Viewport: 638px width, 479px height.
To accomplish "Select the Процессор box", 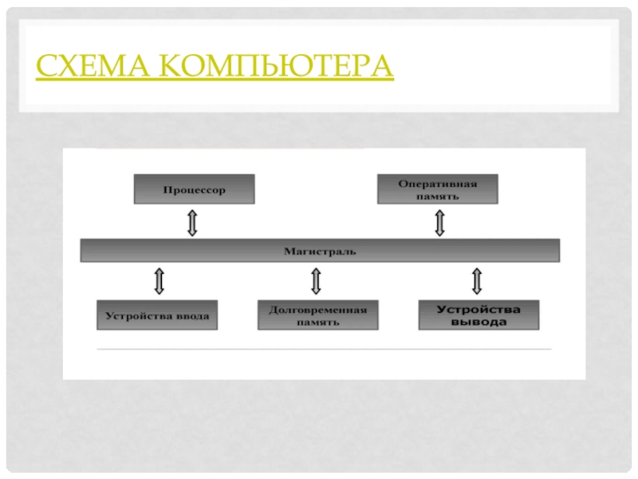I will click(x=194, y=190).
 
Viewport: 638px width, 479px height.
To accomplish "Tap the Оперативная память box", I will click(x=437, y=190).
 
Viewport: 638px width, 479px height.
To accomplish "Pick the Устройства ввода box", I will click(x=158, y=315).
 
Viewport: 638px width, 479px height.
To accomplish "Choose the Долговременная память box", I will click(x=317, y=315).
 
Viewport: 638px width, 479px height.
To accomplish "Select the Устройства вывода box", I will click(x=478, y=315).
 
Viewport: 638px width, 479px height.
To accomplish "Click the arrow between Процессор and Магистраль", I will click(x=192, y=222).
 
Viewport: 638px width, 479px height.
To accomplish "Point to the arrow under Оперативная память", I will click(x=439, y=222).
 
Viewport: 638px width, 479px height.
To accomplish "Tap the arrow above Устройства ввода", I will click(x=158, y=280).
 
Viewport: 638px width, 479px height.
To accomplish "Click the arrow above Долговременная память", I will click(x=316, y=280).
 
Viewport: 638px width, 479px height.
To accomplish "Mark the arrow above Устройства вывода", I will click(x=477, y=280).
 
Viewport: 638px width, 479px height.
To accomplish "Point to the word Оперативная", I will click(x=437, y=184).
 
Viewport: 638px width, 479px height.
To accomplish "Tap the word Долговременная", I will click(x=317, y=309).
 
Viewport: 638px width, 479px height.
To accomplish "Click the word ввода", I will click(x=191, y=315).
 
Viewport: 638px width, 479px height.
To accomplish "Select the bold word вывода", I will click(x=478, y=323).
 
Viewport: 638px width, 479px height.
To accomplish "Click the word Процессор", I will click(x=194, y=190).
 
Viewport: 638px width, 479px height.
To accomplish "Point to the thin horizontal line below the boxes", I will click(x=323, y=349).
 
